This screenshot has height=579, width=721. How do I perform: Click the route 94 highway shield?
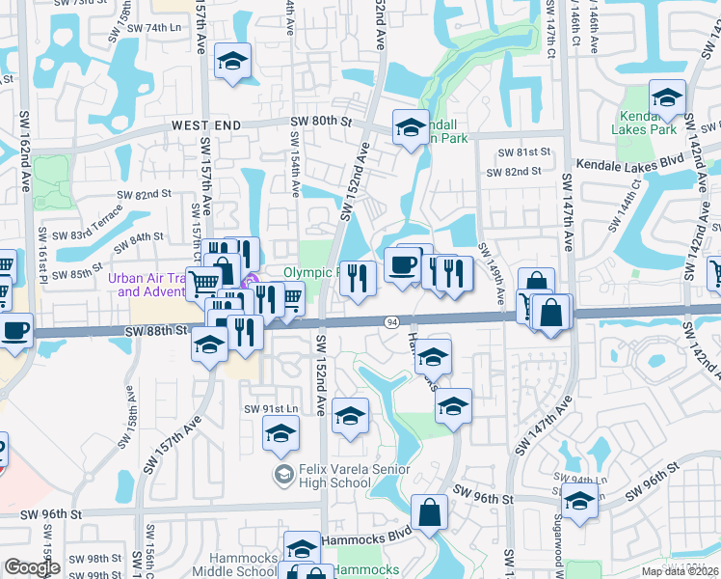tap(392, 321)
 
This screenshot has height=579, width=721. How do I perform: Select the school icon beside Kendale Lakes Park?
tap(667, 98)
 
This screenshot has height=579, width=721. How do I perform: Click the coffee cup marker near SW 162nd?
tap(14, 331)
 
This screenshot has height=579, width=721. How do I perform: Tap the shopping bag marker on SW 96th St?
tap(429, 512)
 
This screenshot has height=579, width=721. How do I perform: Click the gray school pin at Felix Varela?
tap(282, 474)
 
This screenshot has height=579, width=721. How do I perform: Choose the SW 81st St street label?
tap(524, 152)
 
